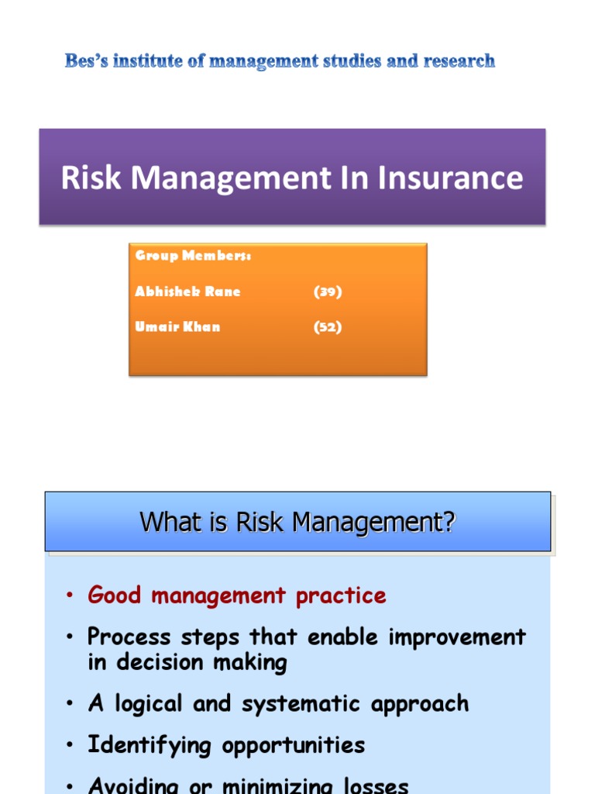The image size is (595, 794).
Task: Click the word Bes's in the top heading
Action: [86, 61]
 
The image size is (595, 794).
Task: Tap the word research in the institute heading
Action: [458, 61]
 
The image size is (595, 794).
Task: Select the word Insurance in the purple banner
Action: [451, 178]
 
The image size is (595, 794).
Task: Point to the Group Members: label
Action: [193, 256]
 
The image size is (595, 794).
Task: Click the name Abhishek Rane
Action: [187, 292]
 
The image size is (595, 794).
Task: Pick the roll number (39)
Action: [328, 292]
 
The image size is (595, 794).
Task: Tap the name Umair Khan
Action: [177, 326]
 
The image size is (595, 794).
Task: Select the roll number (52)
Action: [328, 326]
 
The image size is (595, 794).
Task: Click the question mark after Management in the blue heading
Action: [449, 523]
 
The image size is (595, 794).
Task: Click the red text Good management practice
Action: [236, 595]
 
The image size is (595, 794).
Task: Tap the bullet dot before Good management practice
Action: [70, 596]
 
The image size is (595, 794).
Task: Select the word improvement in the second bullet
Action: [458, 637]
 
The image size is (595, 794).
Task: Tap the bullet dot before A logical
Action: [70, 705]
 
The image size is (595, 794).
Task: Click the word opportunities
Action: [294, 745]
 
